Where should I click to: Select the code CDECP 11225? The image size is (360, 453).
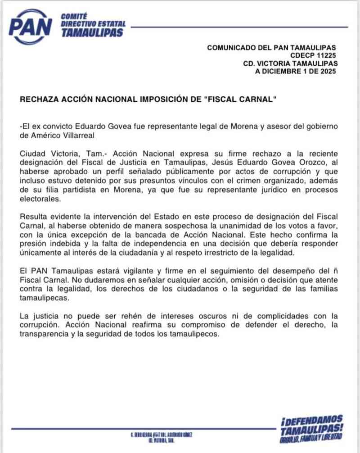point(313,55)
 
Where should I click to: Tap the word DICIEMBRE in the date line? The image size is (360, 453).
point(284,71)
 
